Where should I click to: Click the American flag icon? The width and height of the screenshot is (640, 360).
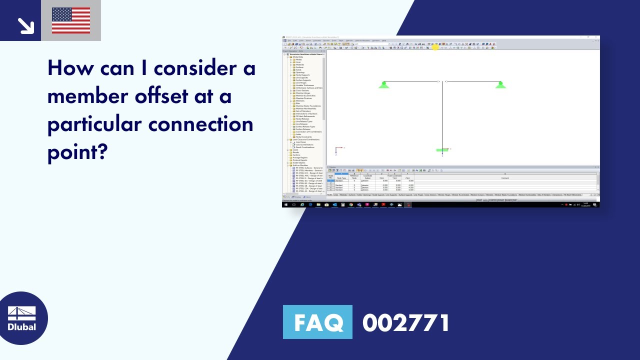click(x=71, y=20)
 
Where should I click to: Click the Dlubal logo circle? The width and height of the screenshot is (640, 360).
click(x=22, y=318)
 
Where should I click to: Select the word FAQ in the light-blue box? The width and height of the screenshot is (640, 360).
click(x=317, y=322)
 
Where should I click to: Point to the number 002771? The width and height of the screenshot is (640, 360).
click(x=406, y=323)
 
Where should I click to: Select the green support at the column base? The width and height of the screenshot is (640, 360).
click(x=442, y=149)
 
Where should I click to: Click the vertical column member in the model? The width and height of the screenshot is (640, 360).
click(x=442, y=115)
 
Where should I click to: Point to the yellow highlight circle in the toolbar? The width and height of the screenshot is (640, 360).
click(x=435, y=47)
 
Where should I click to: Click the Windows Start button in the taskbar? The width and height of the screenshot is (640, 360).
click(x=286, y=204)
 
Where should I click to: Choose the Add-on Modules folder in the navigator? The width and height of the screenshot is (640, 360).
click(x=299, y=165)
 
